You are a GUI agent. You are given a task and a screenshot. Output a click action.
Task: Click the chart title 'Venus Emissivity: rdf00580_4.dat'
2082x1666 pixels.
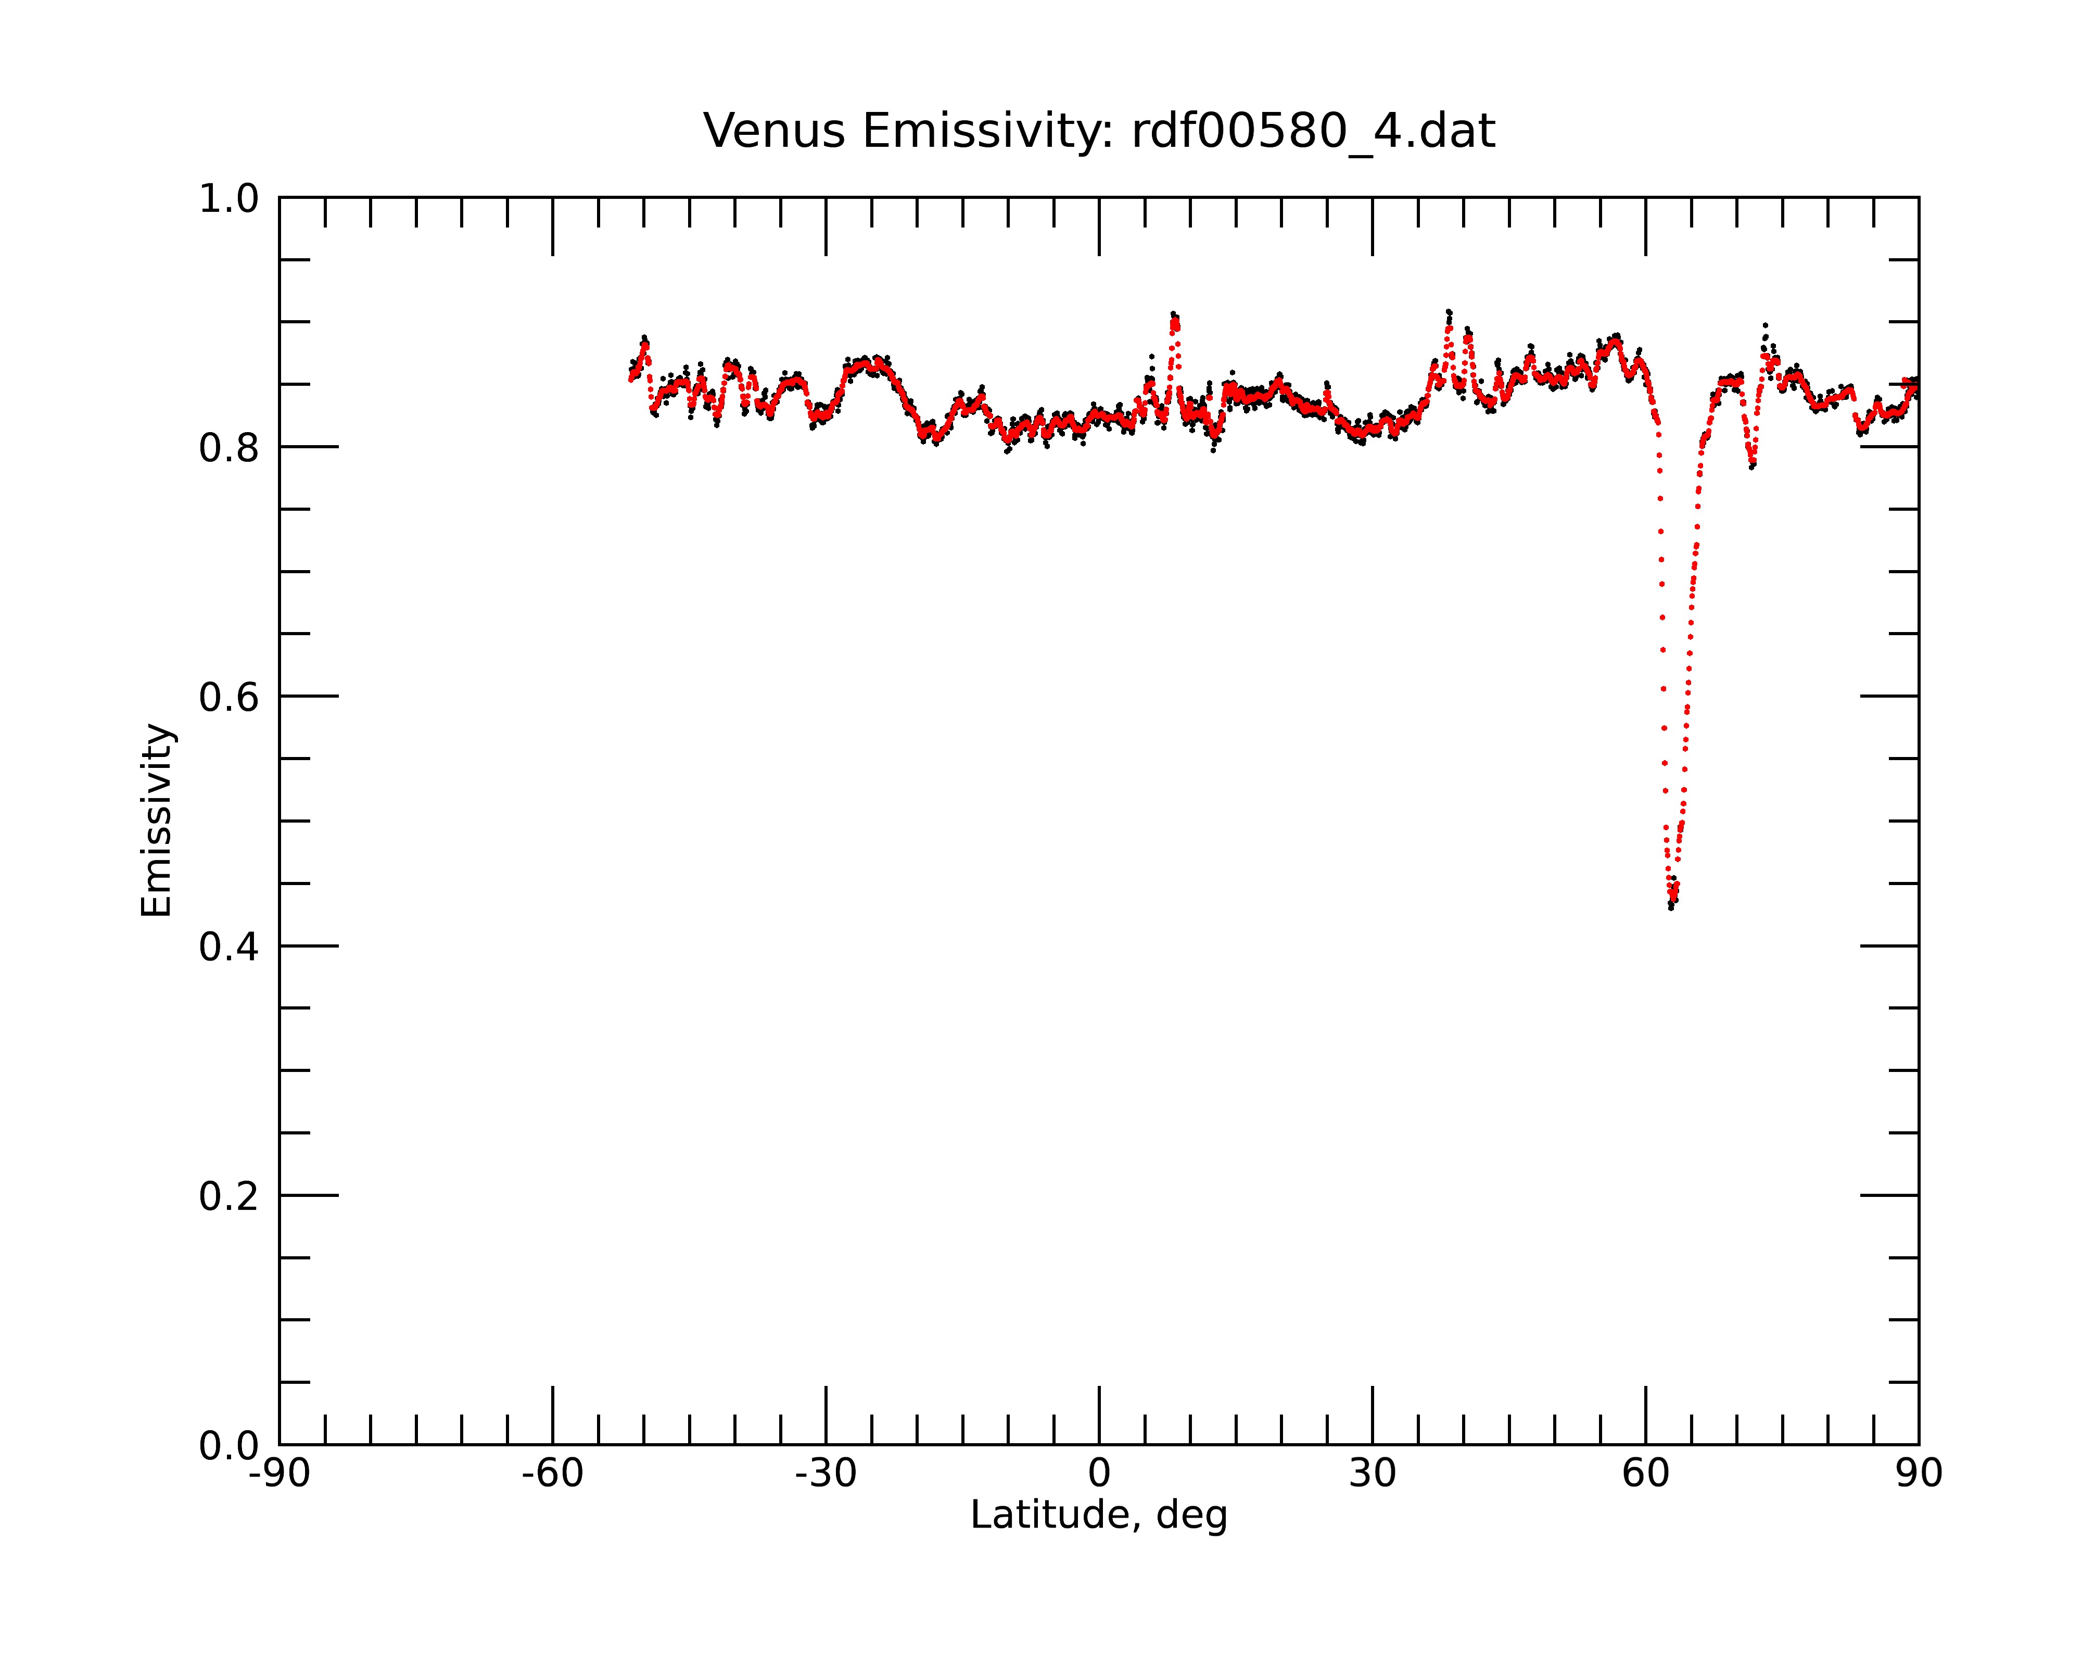point(1099,131)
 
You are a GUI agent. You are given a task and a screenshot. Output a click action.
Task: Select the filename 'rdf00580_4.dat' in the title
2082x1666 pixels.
point(1313,131)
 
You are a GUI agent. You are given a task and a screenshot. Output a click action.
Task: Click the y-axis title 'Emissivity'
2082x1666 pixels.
point(157,820)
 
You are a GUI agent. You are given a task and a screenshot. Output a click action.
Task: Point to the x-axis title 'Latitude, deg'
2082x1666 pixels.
point(1099,1516)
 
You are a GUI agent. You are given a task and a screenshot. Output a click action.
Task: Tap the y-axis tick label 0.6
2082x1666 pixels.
point(229,697)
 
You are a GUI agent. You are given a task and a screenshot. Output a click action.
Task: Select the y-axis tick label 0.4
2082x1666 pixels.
point(229,946)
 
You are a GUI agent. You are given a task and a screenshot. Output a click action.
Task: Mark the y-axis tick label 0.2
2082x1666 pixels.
point(229,1196)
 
